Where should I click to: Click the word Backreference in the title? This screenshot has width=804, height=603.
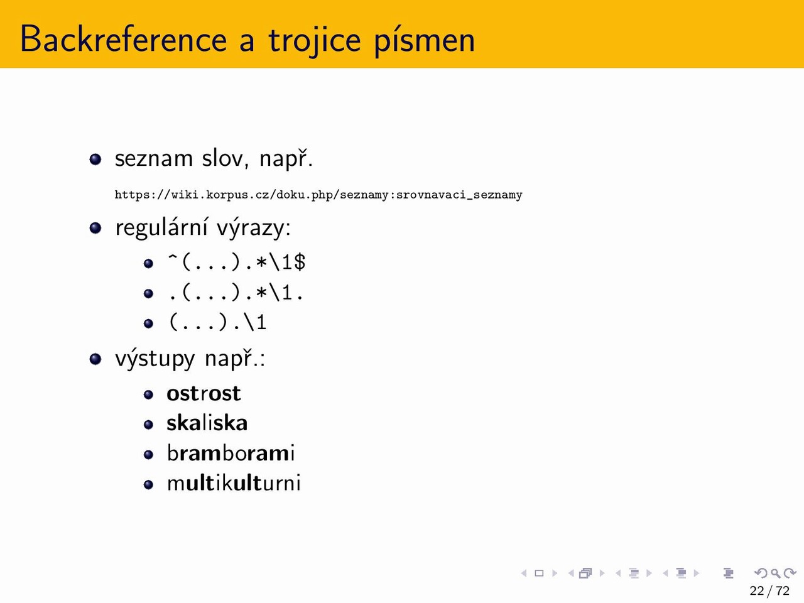124,39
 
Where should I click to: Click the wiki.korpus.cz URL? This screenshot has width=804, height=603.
318,195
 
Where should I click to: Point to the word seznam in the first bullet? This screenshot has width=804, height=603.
154,159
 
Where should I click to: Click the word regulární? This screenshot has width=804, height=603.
161,228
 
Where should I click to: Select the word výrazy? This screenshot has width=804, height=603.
254,228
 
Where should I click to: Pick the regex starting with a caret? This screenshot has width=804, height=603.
236,262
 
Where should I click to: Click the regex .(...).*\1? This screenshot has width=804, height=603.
236,293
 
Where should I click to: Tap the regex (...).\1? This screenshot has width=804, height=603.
217,323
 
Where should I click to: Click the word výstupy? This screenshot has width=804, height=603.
155,359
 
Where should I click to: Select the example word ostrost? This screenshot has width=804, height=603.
204,394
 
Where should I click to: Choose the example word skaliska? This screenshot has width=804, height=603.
207,423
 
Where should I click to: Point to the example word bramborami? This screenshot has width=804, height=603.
231,454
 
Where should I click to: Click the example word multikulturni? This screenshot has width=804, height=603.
234,483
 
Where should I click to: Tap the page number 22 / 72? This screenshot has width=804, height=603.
769,591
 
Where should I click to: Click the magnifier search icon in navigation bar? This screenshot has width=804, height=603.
775,573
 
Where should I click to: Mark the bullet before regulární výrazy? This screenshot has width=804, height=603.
95,228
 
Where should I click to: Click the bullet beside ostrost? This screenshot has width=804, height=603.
148,394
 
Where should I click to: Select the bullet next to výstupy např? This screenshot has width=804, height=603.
95,359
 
